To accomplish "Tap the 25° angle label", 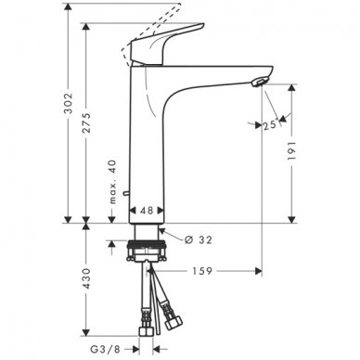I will (x=271, y=125).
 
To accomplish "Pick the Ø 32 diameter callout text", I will (x=199, y=239).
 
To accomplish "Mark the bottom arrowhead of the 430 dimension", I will (x=85, y=332).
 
